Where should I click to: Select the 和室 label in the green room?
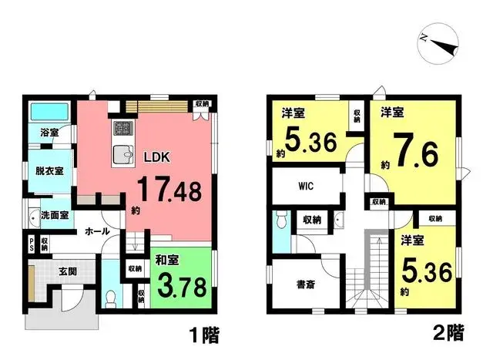click(168, 261)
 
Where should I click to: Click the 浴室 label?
click(49, 133)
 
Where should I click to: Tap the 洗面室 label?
click(55, 216)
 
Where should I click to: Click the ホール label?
click(96, 231)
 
